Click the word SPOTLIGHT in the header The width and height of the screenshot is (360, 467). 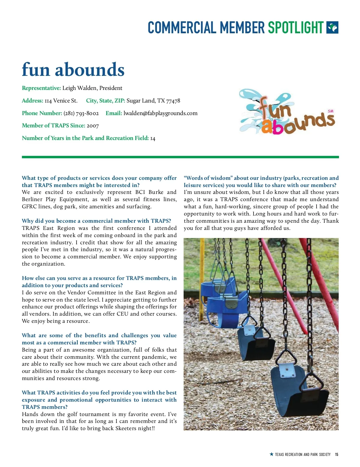click(x=295, y=28)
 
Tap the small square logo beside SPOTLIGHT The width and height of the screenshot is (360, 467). click(x=332, y=28)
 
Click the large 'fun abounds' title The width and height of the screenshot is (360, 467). click(x=73, y=70)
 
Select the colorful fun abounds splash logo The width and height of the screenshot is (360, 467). click(x=286, y=112)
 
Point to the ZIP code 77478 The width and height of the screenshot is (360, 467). click(x=173, y=101)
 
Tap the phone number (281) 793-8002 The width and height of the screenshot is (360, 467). click(x=81, y=113)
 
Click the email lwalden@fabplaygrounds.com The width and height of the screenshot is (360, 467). click(x=160, y=113)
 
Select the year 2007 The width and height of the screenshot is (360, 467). click(x=93, y=126)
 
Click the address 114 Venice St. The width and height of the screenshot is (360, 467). click(x=61, y=101)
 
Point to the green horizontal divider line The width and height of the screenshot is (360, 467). click(x=180, y=157)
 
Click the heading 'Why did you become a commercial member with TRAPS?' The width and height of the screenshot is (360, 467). click(x=96, y=221)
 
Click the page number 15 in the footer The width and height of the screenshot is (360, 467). click(x=337, y=454)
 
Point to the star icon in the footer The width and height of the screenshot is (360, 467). click(x=271, y=454)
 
